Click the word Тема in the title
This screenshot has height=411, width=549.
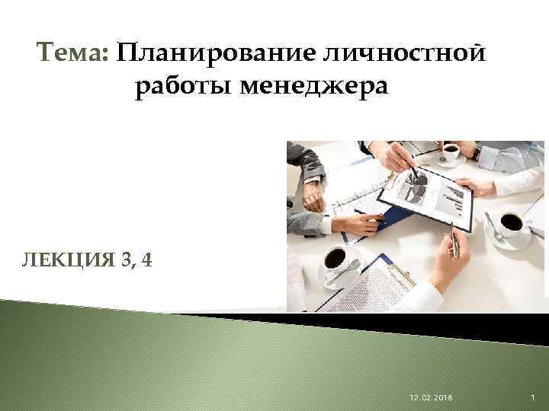click(72, 55)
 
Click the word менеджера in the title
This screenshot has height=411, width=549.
click(314, 88)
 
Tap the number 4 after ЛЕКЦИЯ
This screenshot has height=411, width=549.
click(146, 260)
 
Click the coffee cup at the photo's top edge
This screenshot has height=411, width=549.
click(450, 152)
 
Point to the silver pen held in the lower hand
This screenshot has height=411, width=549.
click(454, 244)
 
